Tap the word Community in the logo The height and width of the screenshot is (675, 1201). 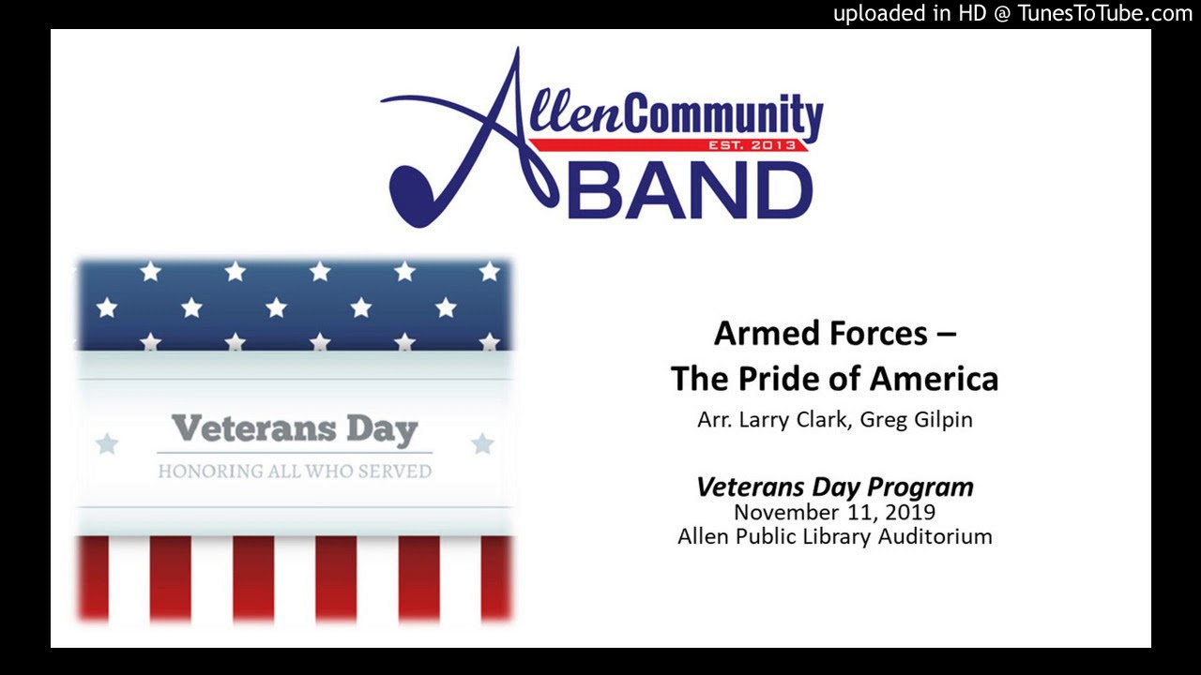click(718, 116)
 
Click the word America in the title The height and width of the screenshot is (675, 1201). click(933, 379)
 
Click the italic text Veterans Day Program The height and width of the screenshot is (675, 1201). click(834, 487)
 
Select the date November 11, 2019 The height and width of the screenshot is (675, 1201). click(834, 513)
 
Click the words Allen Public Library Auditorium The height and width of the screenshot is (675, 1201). click(834, 537)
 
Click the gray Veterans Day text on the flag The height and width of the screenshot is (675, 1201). click(295, 429)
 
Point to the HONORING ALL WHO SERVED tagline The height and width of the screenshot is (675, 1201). click(295, 471)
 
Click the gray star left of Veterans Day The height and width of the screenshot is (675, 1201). click(107, 443)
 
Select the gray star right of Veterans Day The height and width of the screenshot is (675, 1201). click(482, 443)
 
